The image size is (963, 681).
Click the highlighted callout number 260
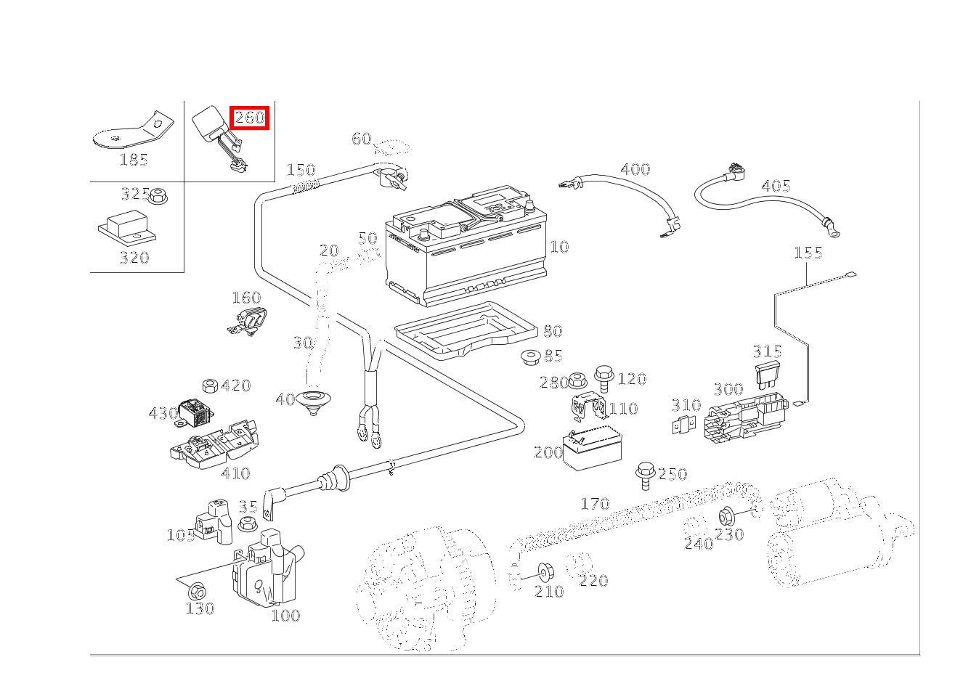pos(249,118)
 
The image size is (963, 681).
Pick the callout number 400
pos(635,170)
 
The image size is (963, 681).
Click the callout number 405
pos(775,187)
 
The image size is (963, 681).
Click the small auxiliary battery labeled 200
pos(593,446)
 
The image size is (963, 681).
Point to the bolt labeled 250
pos(644,473)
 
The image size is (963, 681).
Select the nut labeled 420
pos(210,385)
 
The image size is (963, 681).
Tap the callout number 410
pos(235,474)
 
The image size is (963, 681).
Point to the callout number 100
pos(285,616)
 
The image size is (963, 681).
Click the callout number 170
pos(594,504)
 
